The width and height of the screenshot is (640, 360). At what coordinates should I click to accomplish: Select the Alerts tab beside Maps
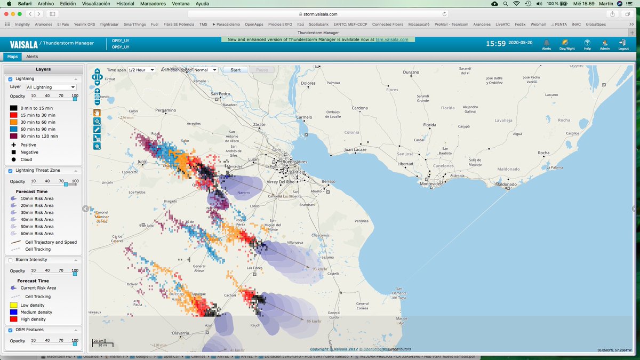click(32, 56)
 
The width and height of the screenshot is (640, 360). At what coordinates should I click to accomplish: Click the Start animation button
click(235, 70)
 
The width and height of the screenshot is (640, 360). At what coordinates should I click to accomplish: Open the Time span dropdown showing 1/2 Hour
click(141, 70)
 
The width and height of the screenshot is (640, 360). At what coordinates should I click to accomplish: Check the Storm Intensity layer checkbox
click(10, 260)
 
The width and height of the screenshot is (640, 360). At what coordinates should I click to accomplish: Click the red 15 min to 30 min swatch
click(13, 115)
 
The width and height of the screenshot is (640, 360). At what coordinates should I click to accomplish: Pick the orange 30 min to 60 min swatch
click(13, 122)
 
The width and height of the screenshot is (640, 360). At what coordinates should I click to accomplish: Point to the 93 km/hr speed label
click(320, 269)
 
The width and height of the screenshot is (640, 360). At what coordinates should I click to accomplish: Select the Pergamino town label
click(165, 110)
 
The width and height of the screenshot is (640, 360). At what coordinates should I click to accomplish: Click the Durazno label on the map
click(411, 72)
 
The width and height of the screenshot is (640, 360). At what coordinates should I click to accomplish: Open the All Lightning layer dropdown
click(51, 87)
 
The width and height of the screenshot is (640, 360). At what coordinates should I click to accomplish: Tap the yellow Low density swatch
click(13, 305)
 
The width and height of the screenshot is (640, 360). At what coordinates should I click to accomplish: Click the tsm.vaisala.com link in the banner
click(392, 39)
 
